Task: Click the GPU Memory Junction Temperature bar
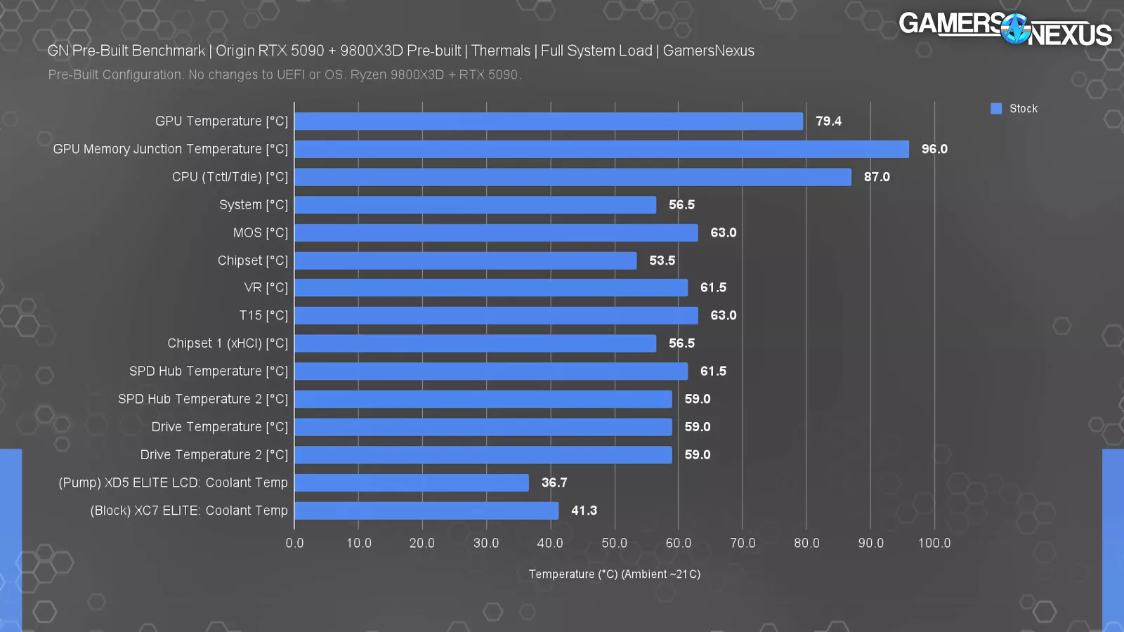pos(601,149)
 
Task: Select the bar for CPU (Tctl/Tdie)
pos(573,177)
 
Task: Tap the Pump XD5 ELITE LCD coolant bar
pos(412,482)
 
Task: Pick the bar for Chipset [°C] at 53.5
pos(466,261)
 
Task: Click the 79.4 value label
pos(828,121)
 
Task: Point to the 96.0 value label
pos(934,149)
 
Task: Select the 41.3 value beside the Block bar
pos(584,511)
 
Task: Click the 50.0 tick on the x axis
pos(615,543)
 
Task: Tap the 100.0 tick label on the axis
pos(934,543)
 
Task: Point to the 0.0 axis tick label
pos(294,543)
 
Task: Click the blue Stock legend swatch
pos(996,108)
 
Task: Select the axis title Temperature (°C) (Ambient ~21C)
pos(614,574)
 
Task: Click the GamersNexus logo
pos(1005,29)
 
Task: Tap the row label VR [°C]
pos(266,287)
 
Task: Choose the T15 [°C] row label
pos(263,315)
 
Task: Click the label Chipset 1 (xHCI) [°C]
pos(228,343)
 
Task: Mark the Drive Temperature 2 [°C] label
pos(214,454)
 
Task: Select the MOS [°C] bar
pos(496,232)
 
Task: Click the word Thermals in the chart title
pos(501,51)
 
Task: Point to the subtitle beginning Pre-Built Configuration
pos(285,74)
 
